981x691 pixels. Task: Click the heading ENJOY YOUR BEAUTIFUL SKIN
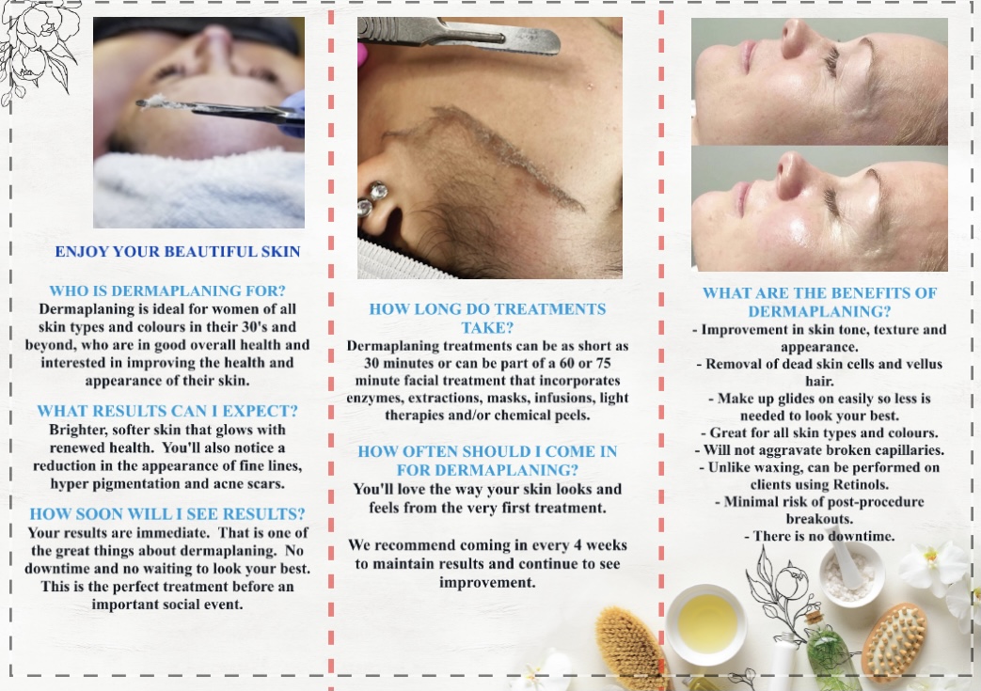click(178, 252)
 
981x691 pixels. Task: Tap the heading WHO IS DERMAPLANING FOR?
click(167, 291)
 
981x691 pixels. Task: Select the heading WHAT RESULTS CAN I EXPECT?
click(167, 411)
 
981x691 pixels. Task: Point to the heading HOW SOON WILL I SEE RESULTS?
click(167, 513)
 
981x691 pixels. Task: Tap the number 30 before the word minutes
click(358, 364)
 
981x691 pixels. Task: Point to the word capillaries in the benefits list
click(887, 449)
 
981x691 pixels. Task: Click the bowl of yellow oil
click(705, 623)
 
